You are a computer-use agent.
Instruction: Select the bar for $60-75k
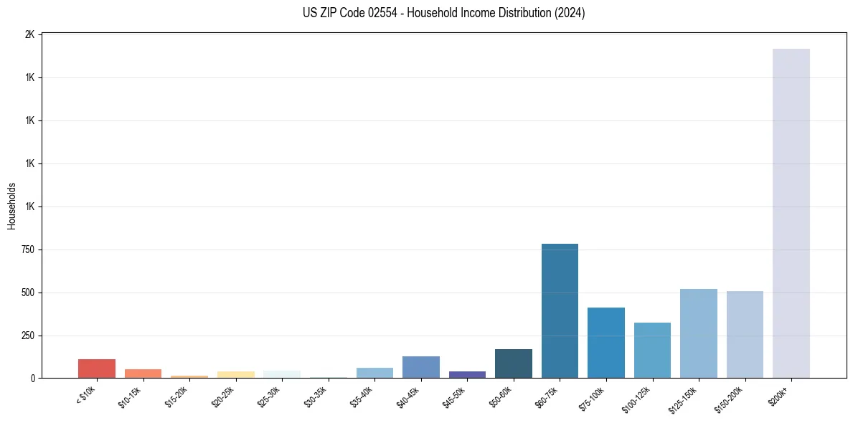(560, 311)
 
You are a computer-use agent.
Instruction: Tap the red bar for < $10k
(97, 369)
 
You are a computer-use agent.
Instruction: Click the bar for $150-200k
(745, 335)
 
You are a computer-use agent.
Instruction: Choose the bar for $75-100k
(605, 343)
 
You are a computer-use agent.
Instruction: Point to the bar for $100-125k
(652, 351)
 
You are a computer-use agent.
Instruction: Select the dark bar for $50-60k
(513, 363)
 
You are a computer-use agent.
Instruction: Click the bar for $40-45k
(420, 367)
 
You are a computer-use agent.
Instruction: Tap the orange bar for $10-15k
(143, 374)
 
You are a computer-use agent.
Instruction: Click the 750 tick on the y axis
(29, 249)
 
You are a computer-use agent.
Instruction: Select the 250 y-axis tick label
(29, 336)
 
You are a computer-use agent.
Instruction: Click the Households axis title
(11, 206)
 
